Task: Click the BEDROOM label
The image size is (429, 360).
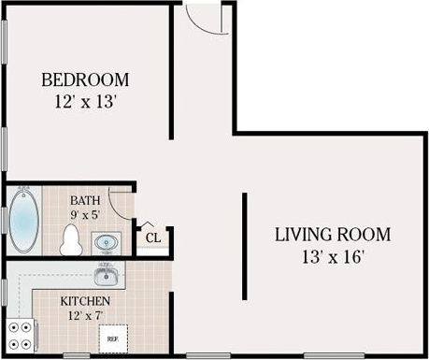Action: point(85,79)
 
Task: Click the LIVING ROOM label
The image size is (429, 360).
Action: point(332,235)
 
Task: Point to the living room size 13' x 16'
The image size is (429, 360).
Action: point(332,254)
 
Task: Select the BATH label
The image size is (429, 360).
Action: point(84,199)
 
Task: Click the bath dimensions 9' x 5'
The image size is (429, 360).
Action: point(84,215)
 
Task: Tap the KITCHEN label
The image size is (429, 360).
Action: point(85,301)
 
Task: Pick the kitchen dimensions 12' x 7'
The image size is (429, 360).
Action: point(85,316)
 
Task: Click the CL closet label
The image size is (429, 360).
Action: point(153,238)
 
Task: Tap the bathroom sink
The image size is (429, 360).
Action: point(106,243)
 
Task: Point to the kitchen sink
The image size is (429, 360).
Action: point(106,275)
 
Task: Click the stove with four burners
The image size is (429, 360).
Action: point(21,333)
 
